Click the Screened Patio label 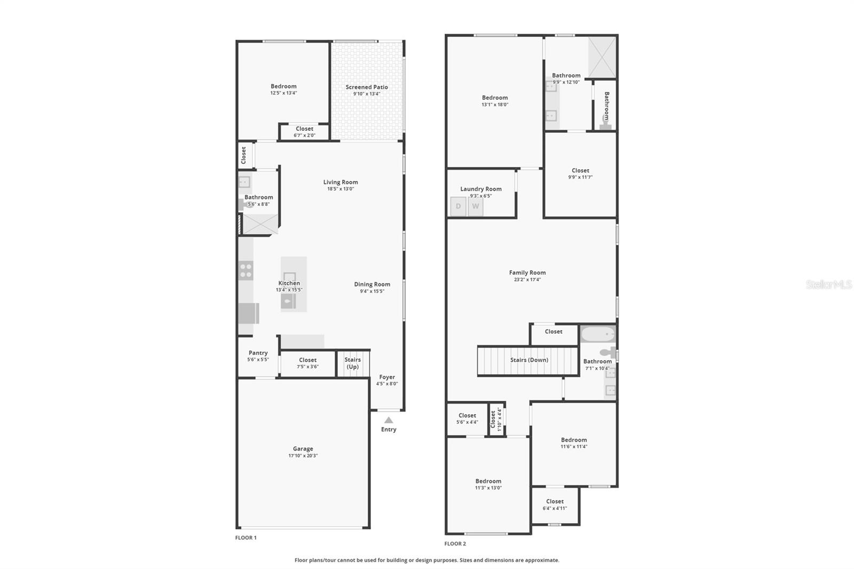point(366,87)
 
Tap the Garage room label point(303,449)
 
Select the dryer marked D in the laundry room point(458,207)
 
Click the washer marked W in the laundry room point(476,207)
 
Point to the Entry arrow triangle point(389,420)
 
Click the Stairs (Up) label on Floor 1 point(353,363)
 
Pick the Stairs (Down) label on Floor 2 point(529,360)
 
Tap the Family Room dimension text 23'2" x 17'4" point(527,280)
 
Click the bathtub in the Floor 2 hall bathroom point(598,335)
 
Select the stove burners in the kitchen point(246,270)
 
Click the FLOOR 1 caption point(246,538)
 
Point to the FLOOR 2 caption point(455,543)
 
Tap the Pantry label point(258,353)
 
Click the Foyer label point(387,377)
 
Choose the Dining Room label point(372,284)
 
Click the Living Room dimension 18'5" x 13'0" point(341,189)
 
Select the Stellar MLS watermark point(828,284)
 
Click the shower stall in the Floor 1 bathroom point(260,224)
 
